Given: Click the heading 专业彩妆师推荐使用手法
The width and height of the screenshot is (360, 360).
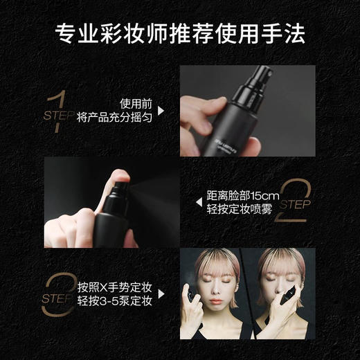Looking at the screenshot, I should [180, 33].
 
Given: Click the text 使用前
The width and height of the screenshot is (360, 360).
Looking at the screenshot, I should [135, 99].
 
